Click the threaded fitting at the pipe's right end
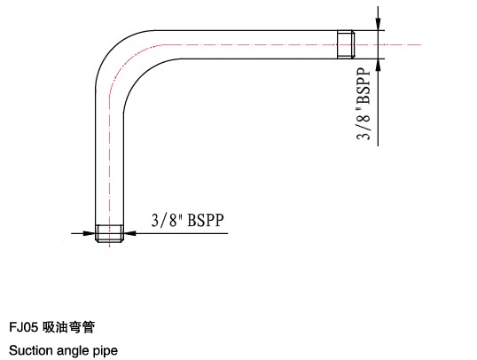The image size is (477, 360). [346, 44]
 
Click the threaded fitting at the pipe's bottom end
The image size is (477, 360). [110, 234]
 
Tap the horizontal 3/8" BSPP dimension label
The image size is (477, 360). [188, 220]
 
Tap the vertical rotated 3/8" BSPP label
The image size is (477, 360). [364, 104]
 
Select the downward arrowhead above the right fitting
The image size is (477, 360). [378, 23]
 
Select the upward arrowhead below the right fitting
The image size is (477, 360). [378, 66]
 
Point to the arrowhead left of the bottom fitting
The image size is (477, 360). [89, 233]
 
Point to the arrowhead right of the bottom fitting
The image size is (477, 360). [130, 233]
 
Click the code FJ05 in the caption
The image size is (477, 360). [23, 327]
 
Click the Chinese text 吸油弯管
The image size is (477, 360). [68, 327]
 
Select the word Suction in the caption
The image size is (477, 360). [30, 350]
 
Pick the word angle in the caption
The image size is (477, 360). [73, 351]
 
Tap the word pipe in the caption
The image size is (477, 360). [106, 351]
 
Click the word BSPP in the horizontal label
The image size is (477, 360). [206, 220]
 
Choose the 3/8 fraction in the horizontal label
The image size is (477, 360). [164, 220]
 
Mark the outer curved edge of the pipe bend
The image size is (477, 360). [113, 48]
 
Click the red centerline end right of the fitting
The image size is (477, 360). [421, 44]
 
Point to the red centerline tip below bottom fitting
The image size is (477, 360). [110, 247]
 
